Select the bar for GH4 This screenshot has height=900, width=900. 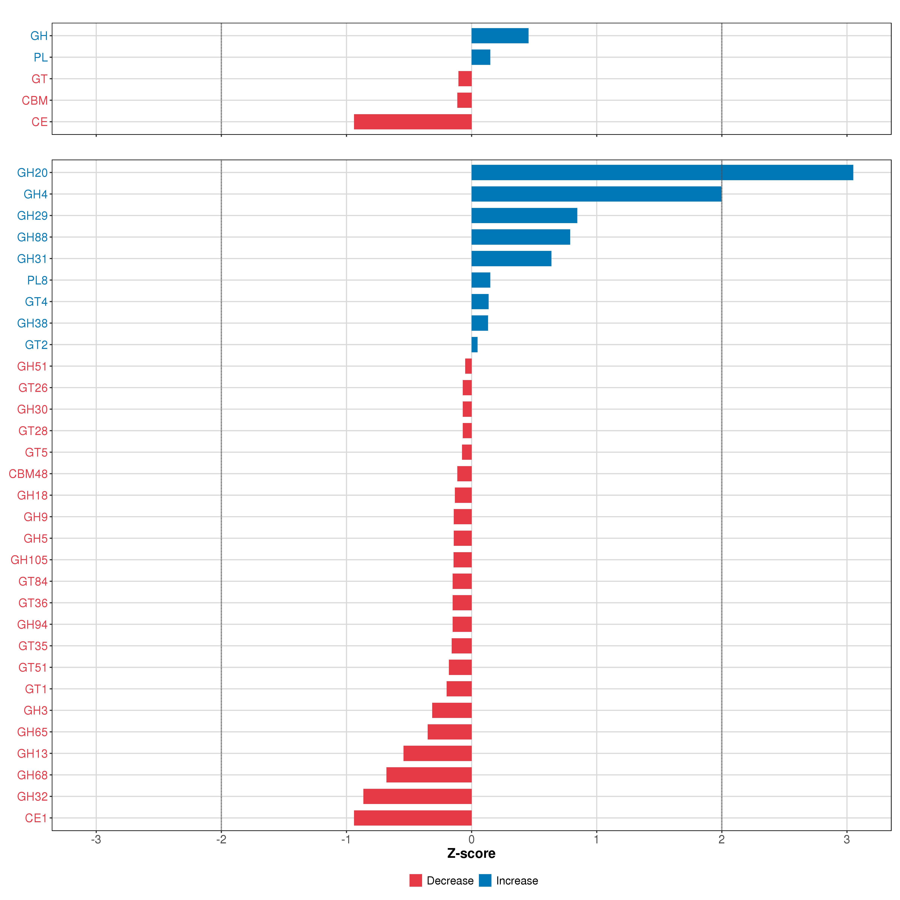point(596,194)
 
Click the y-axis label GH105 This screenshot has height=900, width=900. point(29,560)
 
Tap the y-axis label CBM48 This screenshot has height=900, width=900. point(28,474)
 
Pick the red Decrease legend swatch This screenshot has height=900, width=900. point(415,880)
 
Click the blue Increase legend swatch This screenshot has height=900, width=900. point(485,880)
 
